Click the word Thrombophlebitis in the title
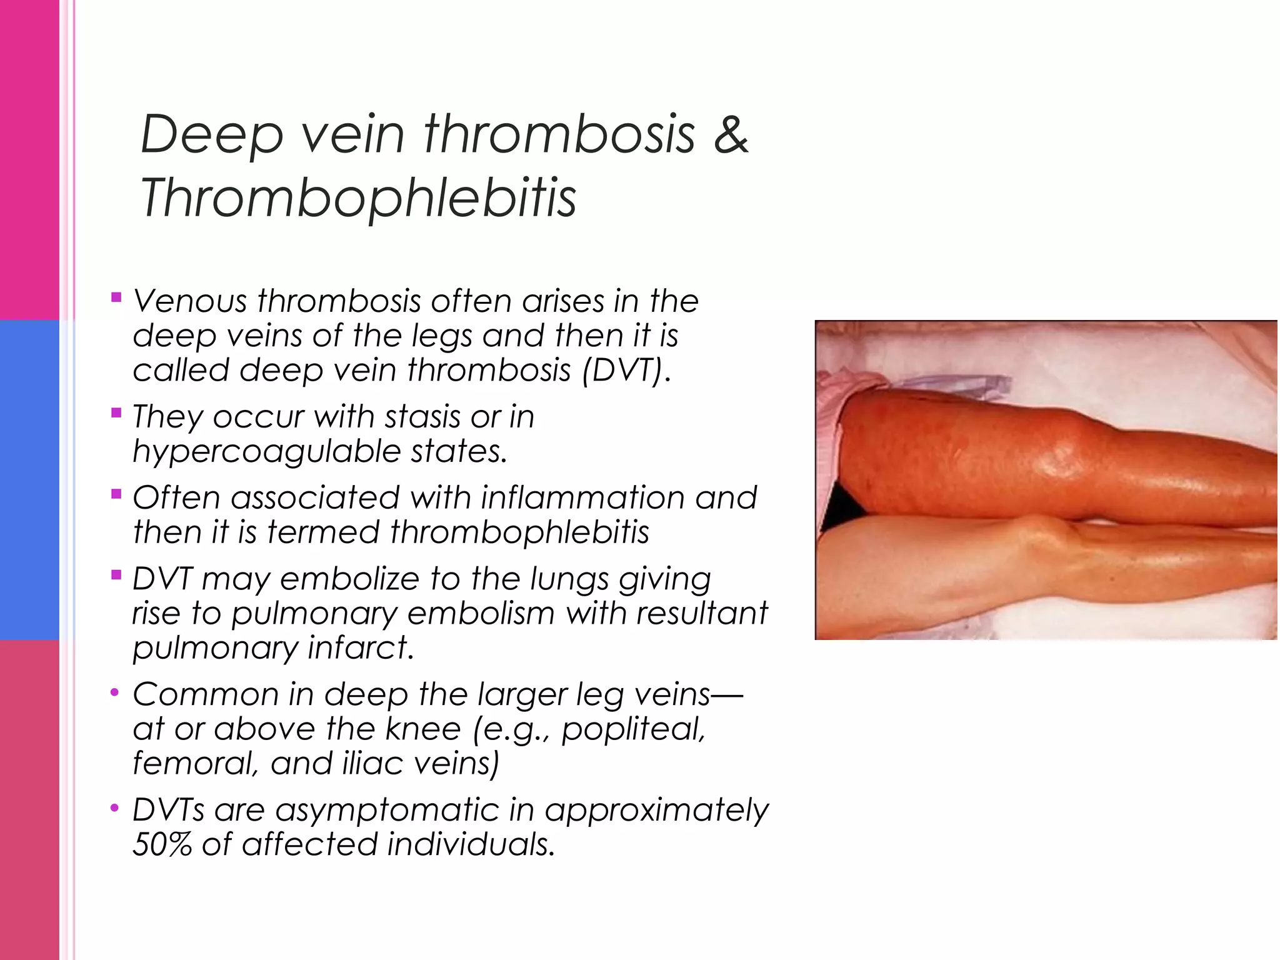(358, 197)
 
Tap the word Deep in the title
(212, 134)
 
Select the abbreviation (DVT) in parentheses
(626, 369)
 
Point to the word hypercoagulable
(265, 451)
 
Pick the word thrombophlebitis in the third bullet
(519, 532)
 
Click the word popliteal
(633, 729)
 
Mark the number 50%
(161, 844)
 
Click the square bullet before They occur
(116, 412)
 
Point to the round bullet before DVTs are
(114, 809)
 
